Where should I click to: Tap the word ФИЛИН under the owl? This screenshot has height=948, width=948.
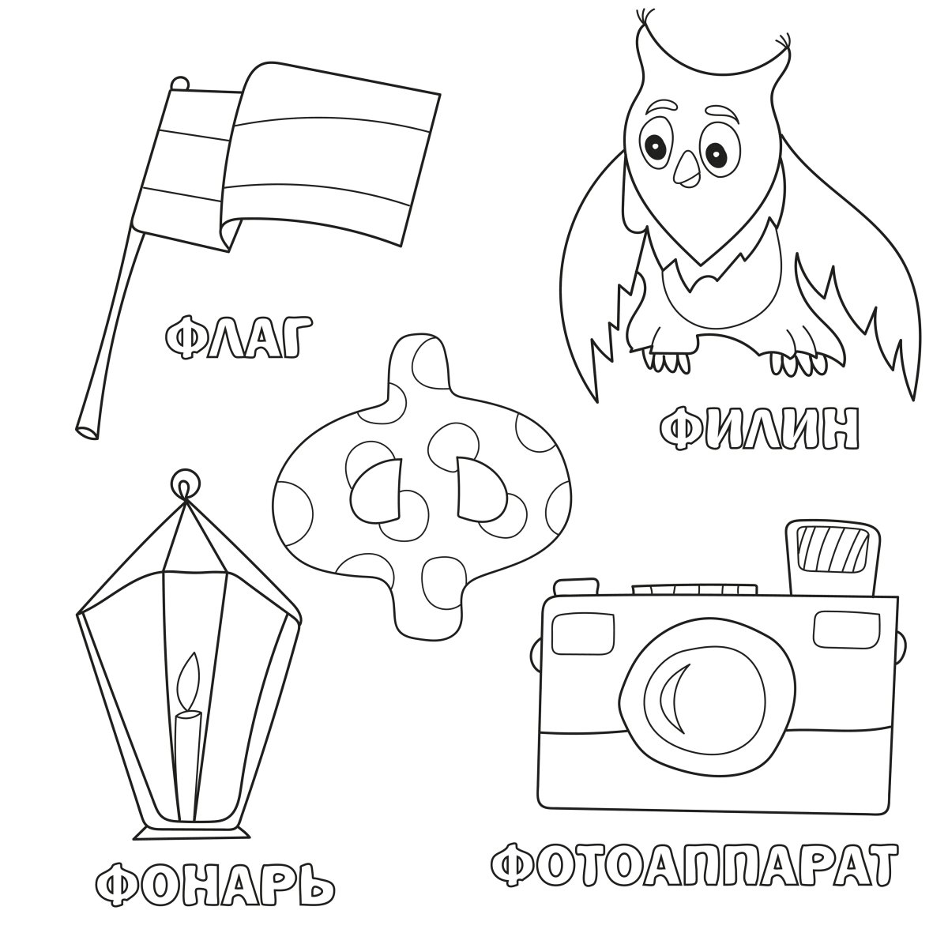759,427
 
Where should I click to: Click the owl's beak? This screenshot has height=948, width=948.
685,169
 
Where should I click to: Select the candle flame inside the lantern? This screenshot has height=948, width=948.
190,680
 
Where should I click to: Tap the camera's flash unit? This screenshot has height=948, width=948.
833,558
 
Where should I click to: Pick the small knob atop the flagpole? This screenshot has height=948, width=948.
180,83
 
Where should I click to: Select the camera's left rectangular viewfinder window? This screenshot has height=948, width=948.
584,632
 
